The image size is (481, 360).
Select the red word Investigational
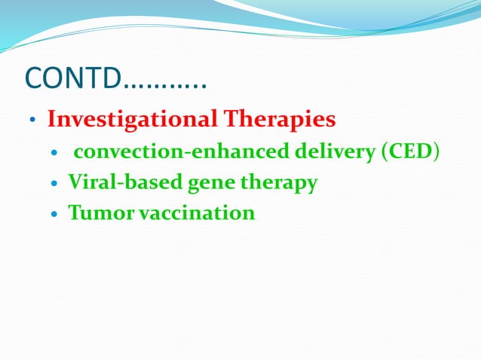coord(131,119)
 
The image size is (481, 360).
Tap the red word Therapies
coord(278,119)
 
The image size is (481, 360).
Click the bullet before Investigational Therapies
coord(32,121)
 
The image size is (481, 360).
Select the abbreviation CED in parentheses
coord(411,151)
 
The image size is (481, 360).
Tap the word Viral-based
coord(117,182)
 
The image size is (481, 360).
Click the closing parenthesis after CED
coord(437,152)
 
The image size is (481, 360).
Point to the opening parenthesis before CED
coord(385,152)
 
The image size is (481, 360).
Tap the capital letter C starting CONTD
coord(35,78)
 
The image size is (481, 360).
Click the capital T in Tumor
coord(75,213)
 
